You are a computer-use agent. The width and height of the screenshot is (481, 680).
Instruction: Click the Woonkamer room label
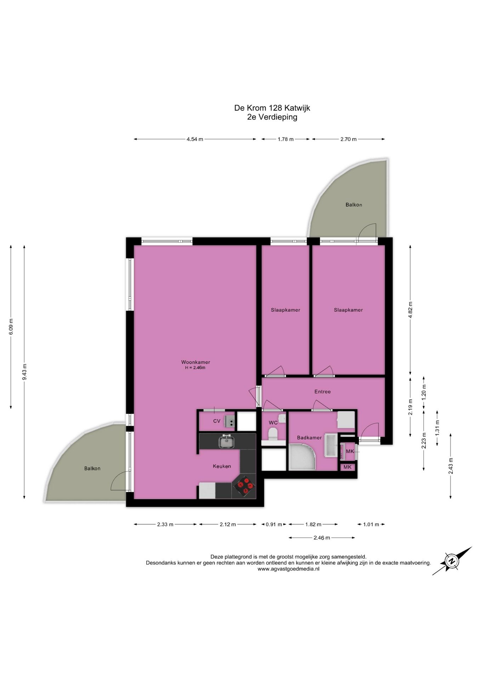click(196, 362)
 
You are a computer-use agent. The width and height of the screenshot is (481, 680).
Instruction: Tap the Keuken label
click(222, 466)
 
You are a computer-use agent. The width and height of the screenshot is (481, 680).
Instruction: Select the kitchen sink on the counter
click(226, 441)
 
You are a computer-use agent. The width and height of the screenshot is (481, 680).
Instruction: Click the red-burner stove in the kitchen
click(244, 487)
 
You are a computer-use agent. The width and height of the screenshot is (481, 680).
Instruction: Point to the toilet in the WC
click(273, 434)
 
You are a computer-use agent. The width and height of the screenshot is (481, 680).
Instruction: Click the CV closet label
click(217, 421)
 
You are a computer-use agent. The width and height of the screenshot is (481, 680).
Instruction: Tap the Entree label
click(322, 391)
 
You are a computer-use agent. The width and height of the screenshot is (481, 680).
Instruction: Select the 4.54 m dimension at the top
click(195, 139)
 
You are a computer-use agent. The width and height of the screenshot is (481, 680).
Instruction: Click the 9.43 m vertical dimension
click(24, 372)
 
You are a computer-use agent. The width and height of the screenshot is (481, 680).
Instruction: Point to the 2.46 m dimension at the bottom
click(322, 538)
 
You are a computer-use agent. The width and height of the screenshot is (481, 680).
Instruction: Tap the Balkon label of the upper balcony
click(353, 205)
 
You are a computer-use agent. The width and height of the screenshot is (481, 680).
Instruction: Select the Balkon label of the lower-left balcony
click(92, 468)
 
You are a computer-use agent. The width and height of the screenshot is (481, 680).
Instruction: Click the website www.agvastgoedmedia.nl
click(288, 569)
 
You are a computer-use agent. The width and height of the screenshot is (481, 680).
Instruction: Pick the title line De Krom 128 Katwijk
click(272, 108)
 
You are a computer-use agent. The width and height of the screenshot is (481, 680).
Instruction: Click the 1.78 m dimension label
click(285, 139)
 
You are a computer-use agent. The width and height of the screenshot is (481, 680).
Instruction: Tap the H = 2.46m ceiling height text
click(195, 368)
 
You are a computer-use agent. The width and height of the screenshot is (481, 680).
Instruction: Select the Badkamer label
click(309, 437)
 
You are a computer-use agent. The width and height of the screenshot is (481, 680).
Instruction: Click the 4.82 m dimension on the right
click(410, 310)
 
